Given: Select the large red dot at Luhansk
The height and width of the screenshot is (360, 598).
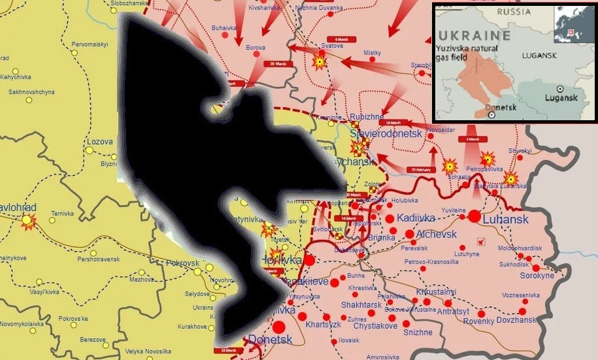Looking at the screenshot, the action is (474, 216).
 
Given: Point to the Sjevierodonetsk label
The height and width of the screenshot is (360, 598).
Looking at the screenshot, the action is (386, 134).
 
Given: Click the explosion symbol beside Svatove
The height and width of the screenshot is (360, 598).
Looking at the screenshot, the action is (320, 62).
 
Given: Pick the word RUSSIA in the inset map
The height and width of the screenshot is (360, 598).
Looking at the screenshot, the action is (516, 12).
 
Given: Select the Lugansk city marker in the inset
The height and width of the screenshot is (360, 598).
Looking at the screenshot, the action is (561, 88).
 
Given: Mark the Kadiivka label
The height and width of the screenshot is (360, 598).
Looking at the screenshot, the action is (415, 218).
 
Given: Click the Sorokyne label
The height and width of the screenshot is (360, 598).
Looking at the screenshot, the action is (537, 275).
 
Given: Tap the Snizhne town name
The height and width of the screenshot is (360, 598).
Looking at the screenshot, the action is (418, 332).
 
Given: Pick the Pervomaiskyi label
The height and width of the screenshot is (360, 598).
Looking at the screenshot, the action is (90, 44).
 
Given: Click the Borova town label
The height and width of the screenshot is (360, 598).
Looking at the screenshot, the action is (256, 48).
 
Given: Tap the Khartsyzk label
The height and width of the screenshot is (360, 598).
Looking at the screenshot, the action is (324, 325).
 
